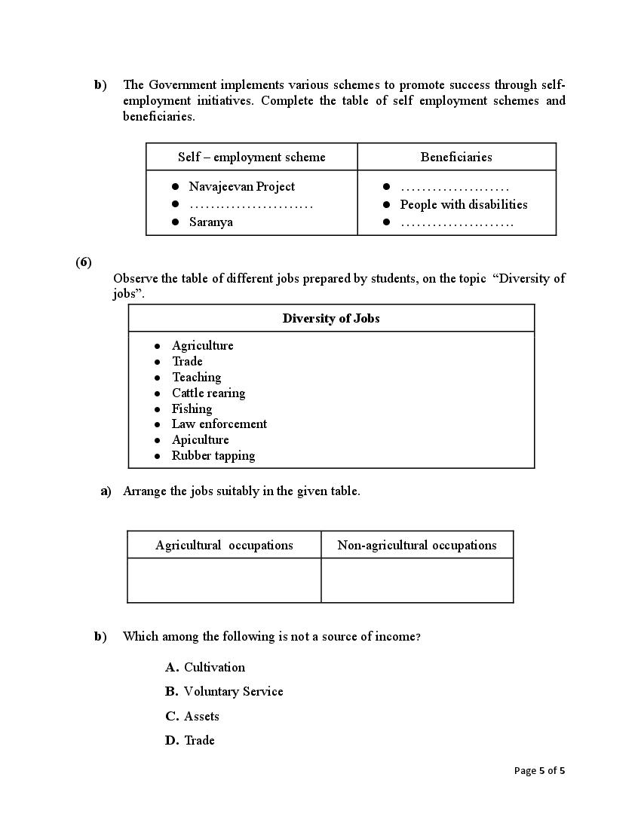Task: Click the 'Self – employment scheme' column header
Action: coord(251,157)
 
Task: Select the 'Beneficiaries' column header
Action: coord(456,157)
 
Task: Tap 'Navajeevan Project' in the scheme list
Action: coord(241,186)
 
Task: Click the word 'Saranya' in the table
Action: coord(210,222)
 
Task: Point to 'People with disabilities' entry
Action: coord(463,204)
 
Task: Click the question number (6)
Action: coord(83,262)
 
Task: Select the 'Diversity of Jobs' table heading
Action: coord(331,318)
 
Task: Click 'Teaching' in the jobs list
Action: coord(196,377)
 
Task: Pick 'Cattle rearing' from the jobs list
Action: coord(208,393)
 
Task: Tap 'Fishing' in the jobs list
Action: coord(192,408)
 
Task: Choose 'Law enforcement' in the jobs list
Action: coord(219,424)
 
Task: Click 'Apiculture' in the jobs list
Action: coord(200,439)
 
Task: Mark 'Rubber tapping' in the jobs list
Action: coord(213,455)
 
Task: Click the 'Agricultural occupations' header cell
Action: coord(224,545)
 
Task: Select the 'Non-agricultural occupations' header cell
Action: coord(417,545)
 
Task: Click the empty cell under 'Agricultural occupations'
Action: coord(224,580)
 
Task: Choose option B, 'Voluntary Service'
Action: coord(233,691)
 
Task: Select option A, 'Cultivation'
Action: coord(214,667)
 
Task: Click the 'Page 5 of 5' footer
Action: coord(539,770)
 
